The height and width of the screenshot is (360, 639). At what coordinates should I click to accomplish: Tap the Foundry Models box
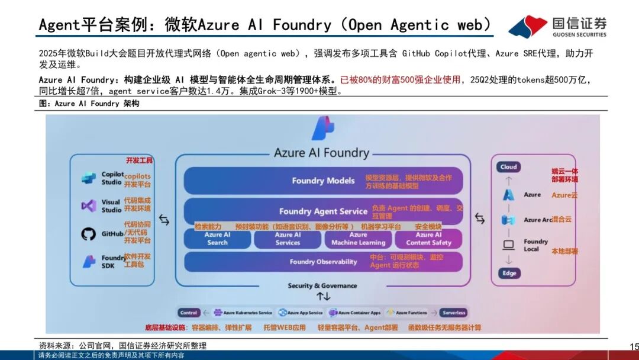tap(323, 181)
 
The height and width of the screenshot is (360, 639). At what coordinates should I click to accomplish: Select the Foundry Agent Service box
tap(323, 211)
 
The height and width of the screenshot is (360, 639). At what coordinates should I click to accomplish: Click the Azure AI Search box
tap(217, 239)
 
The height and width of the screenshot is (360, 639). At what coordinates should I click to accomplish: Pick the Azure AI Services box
tap(288, 239)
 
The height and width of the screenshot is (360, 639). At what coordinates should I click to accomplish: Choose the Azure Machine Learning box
tap(358, 239)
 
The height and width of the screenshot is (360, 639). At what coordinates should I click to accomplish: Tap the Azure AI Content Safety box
tap(428, 239)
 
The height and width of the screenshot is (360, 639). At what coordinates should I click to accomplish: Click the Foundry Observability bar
tap(323, 261)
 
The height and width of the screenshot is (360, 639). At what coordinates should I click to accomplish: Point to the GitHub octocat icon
tap(89, 234)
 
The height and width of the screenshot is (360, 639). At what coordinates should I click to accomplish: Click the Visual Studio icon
tap(89, 205)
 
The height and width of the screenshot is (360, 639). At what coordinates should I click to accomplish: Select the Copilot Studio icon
tap(89, 178)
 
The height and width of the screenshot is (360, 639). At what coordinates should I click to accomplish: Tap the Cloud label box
tap(508, 167)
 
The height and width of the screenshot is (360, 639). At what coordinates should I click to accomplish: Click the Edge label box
tap(508, 273)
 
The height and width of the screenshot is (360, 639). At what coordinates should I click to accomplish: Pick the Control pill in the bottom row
tap(189, 313)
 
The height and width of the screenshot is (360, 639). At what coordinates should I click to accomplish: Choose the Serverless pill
tap(454, 313)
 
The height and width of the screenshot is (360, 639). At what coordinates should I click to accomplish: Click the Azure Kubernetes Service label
tap(247, 313)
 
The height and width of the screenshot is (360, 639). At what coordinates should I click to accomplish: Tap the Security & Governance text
tap(322, 285)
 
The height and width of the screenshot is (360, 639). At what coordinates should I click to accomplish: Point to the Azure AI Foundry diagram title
tap(321, 152)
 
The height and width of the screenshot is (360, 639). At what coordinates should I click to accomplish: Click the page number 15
tap(634, 346)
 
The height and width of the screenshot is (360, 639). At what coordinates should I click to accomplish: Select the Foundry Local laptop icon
tap(508, 245)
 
